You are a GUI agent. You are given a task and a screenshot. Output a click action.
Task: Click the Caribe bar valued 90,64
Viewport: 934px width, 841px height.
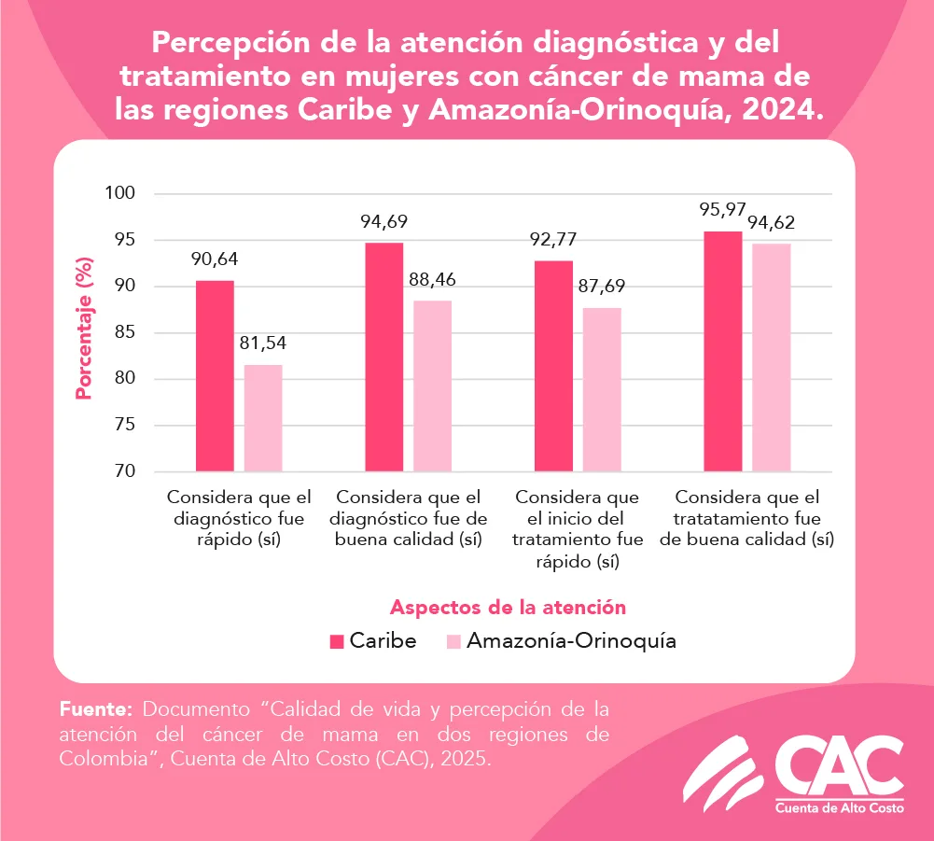215,376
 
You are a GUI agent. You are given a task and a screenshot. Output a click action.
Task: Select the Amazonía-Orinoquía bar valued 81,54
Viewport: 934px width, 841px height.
263,418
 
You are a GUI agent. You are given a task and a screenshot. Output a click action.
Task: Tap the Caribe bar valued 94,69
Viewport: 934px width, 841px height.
383,357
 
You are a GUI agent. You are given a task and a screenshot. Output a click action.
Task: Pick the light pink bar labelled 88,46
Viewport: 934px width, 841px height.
432,386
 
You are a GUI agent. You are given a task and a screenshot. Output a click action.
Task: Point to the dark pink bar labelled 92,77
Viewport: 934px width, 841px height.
553,366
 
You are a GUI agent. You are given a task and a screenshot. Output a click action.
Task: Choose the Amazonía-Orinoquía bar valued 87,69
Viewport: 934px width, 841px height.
602,389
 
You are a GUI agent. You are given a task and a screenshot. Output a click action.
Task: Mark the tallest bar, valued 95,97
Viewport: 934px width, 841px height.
723,352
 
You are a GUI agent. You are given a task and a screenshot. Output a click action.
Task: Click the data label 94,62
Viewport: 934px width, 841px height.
771,224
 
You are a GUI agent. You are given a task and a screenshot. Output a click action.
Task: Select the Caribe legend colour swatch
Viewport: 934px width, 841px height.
338,641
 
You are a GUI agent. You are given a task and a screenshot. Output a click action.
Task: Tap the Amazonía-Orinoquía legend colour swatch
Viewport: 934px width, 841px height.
454,641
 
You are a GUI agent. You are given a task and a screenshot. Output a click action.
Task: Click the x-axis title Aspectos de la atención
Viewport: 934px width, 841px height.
508,607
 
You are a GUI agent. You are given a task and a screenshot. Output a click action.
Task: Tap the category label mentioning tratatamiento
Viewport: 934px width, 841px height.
754,518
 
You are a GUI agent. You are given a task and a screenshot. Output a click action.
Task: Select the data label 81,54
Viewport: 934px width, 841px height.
263,343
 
